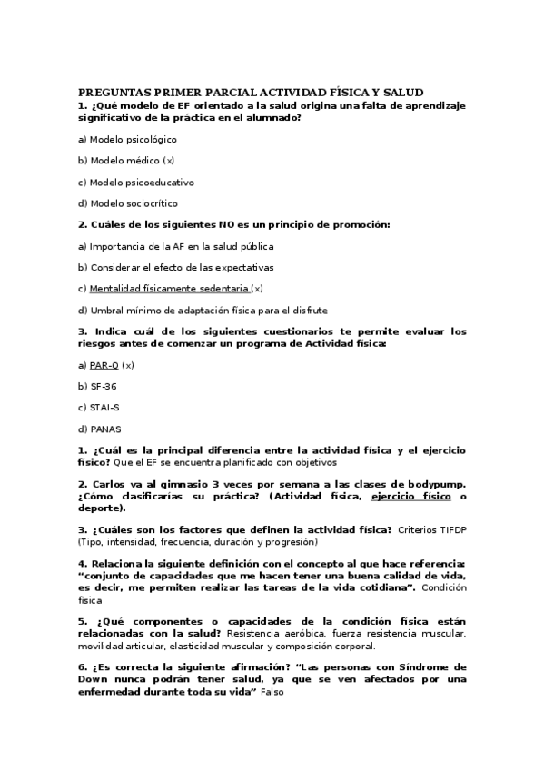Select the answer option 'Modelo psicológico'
[133, 139]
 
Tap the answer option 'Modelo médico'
[124, 161]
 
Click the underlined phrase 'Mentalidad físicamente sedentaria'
[169, 289]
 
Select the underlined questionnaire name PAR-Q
[104, 365]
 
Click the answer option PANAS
[105, 429]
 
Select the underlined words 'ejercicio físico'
[411, 496]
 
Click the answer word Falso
[272, 692]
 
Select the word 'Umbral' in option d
[106, 310]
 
